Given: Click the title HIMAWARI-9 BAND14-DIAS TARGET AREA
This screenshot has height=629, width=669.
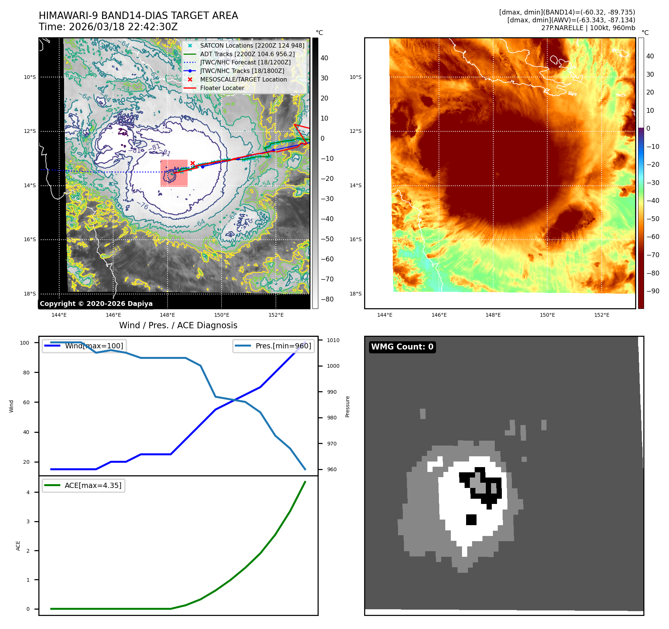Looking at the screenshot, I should [138, 16].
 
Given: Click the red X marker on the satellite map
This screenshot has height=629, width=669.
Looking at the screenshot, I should [192, 163].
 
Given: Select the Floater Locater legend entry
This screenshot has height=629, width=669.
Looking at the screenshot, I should [222, 88].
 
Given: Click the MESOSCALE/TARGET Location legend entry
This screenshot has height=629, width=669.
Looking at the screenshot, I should [243, 79].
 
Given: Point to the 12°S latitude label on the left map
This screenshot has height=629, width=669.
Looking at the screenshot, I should [30, 131].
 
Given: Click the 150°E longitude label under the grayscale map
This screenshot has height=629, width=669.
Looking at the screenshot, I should [222, 315].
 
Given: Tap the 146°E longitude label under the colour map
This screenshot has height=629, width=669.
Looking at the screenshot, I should [439, 315].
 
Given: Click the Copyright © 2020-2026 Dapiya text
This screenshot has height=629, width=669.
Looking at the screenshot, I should [96, 304].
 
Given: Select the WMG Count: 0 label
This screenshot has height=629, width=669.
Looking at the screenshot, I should [402, 347].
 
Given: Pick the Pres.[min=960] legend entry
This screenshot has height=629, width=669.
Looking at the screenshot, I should [283, 346].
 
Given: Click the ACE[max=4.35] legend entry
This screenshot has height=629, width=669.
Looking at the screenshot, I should [93, 485].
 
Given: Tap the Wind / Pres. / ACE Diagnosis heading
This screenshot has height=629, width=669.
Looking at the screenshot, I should [178, 325].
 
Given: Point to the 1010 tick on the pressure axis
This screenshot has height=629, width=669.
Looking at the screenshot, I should [333, 340].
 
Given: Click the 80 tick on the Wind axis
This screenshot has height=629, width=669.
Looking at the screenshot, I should [26, 373].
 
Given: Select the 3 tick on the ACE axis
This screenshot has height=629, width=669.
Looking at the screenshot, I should [28, 521].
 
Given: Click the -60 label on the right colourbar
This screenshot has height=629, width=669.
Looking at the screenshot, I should [653, 237].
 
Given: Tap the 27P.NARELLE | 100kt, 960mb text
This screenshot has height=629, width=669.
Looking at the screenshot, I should [588, 28].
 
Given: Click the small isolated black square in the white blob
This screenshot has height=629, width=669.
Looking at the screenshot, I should [471, 520].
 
